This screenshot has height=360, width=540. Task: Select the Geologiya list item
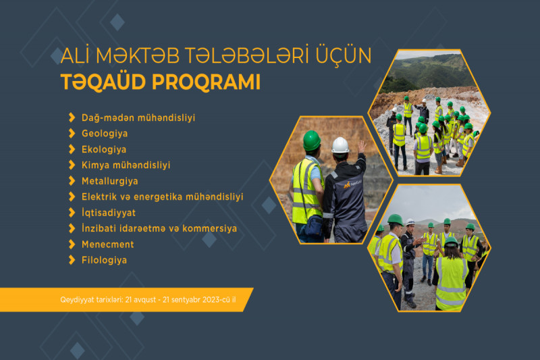tap(104, 133)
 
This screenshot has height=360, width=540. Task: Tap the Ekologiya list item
tap(104, 149)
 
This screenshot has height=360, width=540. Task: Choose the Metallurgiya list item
tap(109, 181)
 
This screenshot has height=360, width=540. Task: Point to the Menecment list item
tap(107, 244)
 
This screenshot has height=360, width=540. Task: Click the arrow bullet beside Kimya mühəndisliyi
tap(72, 165)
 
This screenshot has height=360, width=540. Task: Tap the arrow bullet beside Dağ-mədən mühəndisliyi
tap(72, 118)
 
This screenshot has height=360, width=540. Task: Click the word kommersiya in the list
tap(210, 228)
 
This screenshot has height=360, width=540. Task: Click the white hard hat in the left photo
tap(340, 145)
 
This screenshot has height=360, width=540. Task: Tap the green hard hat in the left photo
tap(311, 140)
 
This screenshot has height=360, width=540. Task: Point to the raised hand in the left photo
tap(362, 148)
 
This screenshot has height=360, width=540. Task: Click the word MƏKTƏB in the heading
tap(136, 56)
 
